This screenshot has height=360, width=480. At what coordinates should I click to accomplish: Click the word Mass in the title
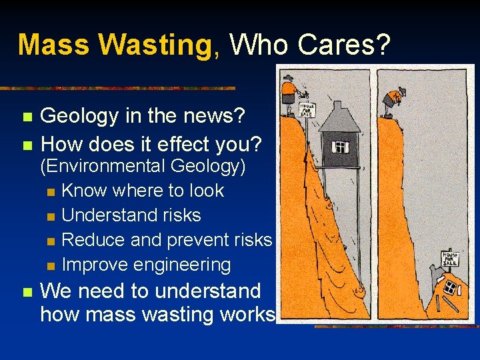coord(53,45)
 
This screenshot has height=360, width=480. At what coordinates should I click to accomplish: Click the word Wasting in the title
coord(154,45)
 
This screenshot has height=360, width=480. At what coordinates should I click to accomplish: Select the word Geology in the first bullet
coord(79,116)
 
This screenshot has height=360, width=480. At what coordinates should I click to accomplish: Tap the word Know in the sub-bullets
coord(84,191)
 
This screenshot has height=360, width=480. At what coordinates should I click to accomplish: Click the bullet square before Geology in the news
coord(27,117)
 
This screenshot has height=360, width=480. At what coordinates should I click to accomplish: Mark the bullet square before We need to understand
coord(27,292)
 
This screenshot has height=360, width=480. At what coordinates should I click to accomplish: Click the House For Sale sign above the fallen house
coord(451,258)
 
